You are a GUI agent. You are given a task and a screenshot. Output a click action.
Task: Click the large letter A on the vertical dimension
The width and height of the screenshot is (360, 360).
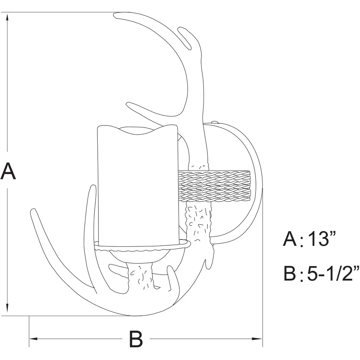tap(8, 171)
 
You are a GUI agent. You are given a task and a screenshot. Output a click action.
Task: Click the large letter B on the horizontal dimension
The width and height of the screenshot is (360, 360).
tap(136, 339)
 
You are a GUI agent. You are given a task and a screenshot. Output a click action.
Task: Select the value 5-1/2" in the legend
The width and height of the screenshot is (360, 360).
tap(333, 273)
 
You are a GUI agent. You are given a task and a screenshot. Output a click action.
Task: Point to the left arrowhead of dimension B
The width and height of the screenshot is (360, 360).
tap(34, 339)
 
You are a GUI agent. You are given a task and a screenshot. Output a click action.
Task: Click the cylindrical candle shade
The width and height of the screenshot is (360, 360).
tap(138, 186)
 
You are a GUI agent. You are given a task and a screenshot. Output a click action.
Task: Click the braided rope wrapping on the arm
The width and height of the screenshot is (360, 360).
tap(214, 186)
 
